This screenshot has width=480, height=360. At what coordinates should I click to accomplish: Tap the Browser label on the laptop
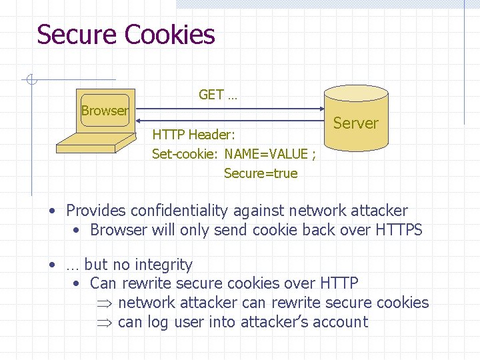click(105, 111)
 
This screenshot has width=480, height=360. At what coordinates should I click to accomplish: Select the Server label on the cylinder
click(355, 123)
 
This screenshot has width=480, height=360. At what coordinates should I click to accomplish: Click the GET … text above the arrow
click(218, 95)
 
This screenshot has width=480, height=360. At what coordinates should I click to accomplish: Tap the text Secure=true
click(261, 173)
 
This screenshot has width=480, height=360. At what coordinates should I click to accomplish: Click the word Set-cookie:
click(185, 154)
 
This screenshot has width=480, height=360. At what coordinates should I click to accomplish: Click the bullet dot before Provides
click(52, 211)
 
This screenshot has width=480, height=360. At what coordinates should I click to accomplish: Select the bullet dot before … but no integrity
click(52, 265)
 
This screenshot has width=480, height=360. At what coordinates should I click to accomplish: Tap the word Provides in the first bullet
click(96, 211)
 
